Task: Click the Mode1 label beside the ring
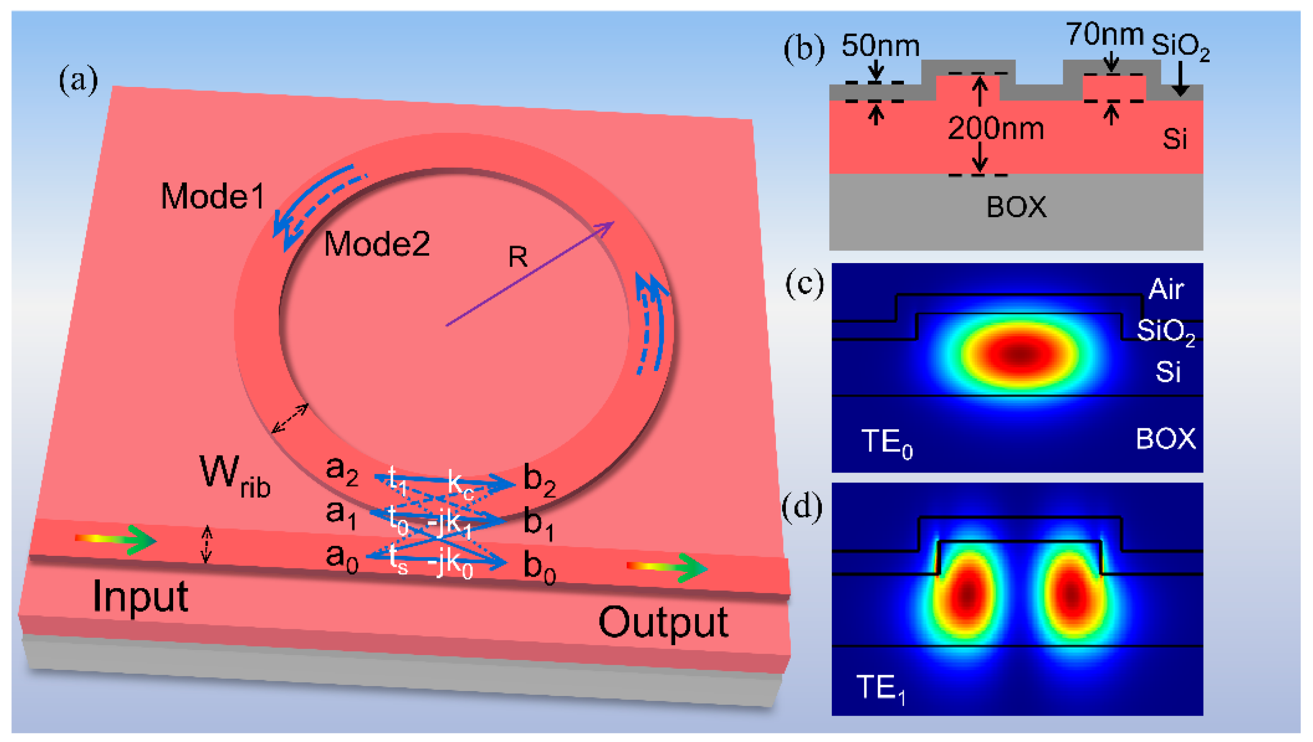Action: click(x=213, y=196)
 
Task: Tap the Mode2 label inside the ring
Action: click(x=377, y=244)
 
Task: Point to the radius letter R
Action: click(x=518, y=257)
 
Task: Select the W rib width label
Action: click(x=235, y=477)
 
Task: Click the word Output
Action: click(x=663, y=623)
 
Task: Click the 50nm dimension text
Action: click(x=880, y=46)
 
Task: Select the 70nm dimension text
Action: click(x=1104, y=35)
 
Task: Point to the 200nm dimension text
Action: click(x=995, y=128)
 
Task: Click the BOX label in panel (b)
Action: click(x=1016, y=208)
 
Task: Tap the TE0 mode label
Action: click(x=886, y=442)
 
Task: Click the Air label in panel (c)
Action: click(x=1166, y=290)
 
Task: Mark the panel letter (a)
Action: click(x=78, y=81)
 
